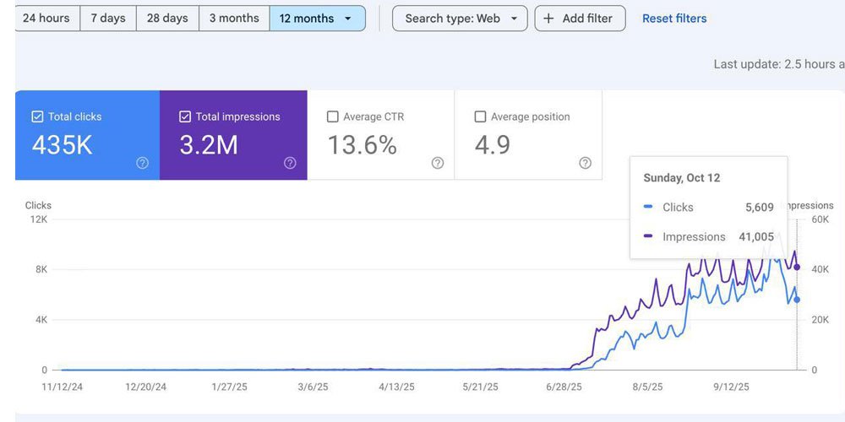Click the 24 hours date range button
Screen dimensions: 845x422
[x=47, y=19]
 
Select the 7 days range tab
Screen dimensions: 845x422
[x=108, y=19]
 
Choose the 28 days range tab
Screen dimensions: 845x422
[x=167, y=19]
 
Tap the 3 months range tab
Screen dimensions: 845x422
[x=234, y=19]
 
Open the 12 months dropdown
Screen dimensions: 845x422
[x=318, y=19]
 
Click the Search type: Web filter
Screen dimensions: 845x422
[x=460, y=19]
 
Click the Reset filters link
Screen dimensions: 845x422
[x=674, y=19]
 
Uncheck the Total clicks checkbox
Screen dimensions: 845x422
[x=37, y=116]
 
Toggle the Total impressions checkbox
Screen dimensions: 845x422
[x=185, y=116]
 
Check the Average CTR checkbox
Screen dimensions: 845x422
[x=332, y=116]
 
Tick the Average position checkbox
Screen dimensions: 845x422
[x=480, y=116]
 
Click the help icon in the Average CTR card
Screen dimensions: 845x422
[x=438, y=163]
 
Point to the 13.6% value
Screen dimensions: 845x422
[x=363, y=145]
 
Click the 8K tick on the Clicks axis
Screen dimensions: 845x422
[x=41, y=269]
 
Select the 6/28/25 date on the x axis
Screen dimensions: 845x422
[x=564, y=387]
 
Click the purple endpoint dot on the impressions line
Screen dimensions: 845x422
[x=797, y=268]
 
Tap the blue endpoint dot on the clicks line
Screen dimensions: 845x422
[x=797, y=300]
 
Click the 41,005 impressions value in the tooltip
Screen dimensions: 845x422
[x=756, y=237]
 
